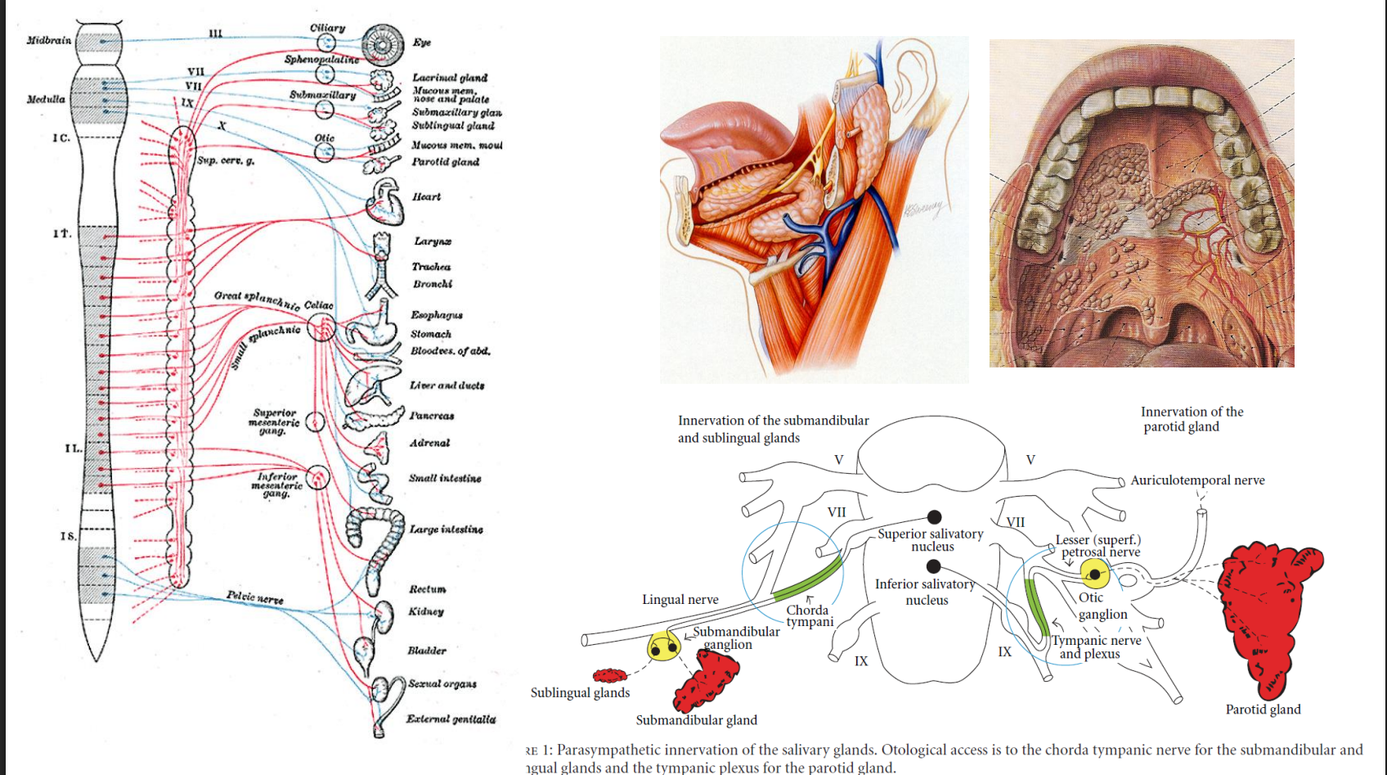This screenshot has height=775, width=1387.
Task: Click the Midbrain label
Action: pos(49,40)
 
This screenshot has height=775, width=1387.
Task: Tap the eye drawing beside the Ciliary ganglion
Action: pos(383,45)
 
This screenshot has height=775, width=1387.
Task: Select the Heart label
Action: pos(426,197)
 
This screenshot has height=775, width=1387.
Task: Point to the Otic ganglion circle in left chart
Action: pos(325,152)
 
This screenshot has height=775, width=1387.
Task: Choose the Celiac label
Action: pos(318,305)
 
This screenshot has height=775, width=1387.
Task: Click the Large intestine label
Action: pos(446,529)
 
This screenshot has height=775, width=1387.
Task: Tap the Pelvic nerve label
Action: pos(255,597)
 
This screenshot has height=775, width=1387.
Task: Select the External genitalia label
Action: pos(451,719)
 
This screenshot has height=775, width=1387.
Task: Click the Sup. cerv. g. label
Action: pos(226,160)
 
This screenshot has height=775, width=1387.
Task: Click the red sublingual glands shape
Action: pos(610,675)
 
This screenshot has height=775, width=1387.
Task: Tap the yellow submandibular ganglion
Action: pos(663,647)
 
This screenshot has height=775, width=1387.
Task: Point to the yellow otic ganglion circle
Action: pos(1095,574)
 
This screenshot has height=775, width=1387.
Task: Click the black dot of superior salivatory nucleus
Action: pos(934,516)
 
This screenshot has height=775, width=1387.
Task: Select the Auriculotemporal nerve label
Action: pos(1197,480)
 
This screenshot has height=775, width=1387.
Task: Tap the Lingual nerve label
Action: pos(680,600)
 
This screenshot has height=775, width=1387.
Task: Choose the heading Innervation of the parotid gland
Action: pos(1192,419)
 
